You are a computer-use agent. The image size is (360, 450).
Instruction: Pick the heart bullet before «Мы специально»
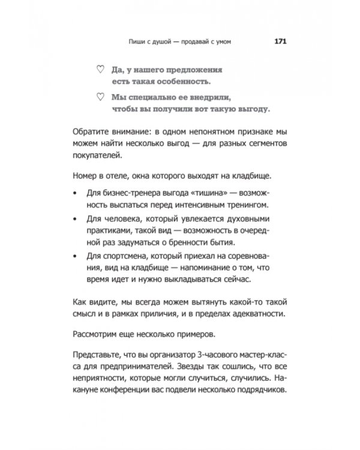(x=99, y=96)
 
